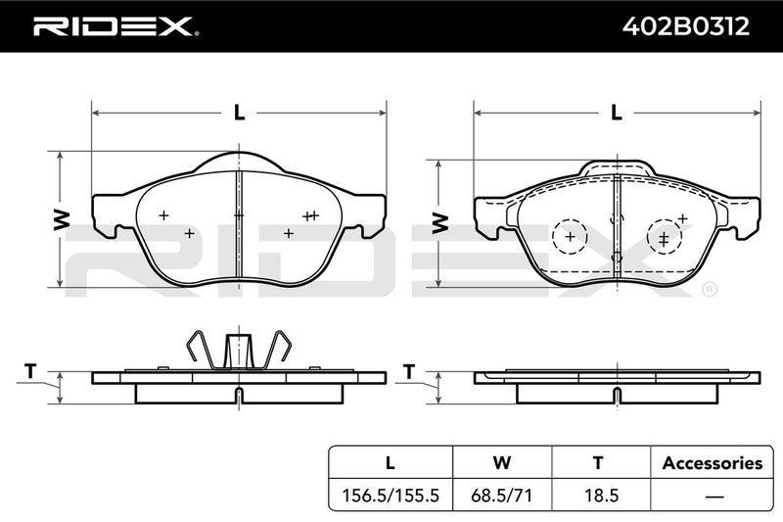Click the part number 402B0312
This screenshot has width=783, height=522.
coord(686,26)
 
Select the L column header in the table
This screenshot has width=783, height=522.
coord(390,462)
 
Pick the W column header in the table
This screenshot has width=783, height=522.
coord(502,462)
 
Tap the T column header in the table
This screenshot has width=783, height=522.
coord(598,462)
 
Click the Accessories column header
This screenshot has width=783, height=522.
coord(713,463)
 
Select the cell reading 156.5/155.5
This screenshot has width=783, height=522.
coord(390,495)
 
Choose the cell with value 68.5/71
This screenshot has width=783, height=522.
coord(502,495)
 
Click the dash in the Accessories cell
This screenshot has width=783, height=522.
coord(714,496)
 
